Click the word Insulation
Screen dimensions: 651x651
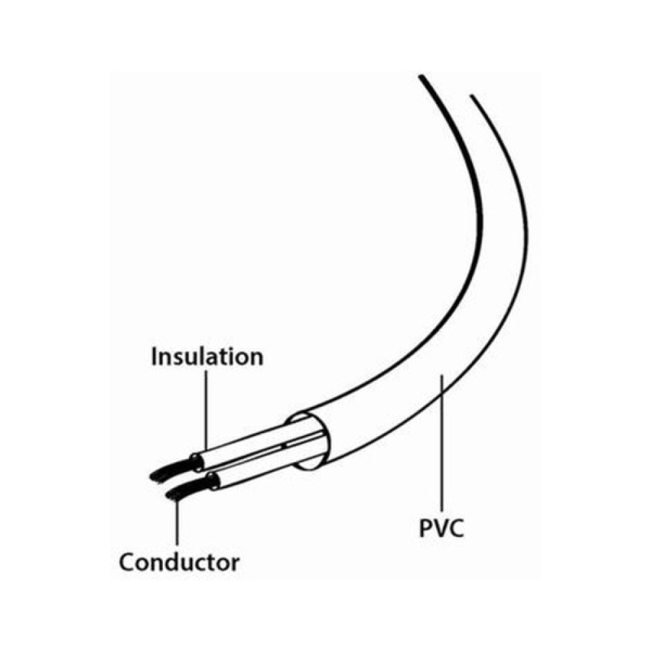tap(207, 357)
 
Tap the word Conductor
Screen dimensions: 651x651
tap(180, 562)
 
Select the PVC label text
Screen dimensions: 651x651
tap(441, 528)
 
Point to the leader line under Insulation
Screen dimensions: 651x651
tap(206, 411)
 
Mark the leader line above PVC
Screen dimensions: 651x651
tap(443, 443)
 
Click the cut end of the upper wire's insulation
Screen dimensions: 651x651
tap(197, 462)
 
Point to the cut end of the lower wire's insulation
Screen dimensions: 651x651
tap(213, 482)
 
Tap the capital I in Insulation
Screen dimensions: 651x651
tap(154, 357)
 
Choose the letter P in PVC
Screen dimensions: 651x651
tap(426, 528)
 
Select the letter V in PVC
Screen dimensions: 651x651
tap(440, 528)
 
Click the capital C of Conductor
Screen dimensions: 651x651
tap(128, 562)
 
